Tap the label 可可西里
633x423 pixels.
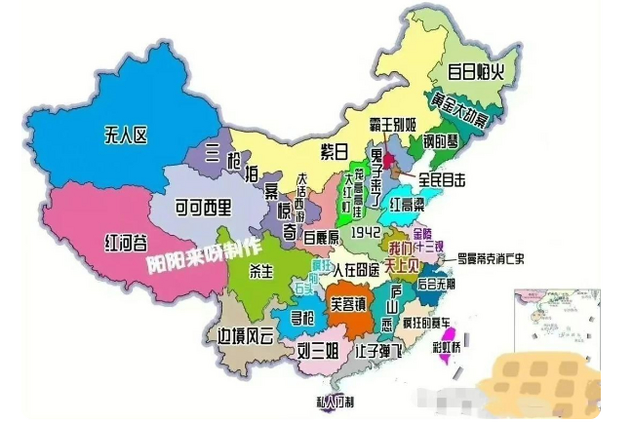tap(203, 207)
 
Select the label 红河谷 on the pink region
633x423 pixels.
tap(126, 243)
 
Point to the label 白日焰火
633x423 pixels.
tap(476, 72)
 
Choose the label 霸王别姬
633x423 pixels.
tap(393, 124)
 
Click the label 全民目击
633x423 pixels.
tap(442, 180)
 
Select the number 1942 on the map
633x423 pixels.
tap(365, 233)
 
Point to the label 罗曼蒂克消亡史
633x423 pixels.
tap(491, 259)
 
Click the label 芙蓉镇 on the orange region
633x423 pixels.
tap(349, 304)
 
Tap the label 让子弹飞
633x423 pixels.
tap(378, 351)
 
